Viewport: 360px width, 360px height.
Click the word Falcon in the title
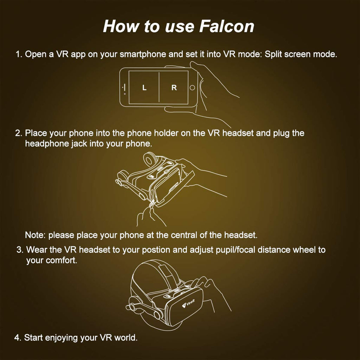tap(227, 26)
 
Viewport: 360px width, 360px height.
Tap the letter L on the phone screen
tap(144, 88)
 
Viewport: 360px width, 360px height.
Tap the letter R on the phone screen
tap(174, 88)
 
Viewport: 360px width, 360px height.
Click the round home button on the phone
tap(192, 88)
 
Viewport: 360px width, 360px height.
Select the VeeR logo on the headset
tap(188, 303)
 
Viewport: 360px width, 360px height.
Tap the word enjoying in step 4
tap(61, 338)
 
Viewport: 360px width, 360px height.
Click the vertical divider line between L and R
tap(159, 86)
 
